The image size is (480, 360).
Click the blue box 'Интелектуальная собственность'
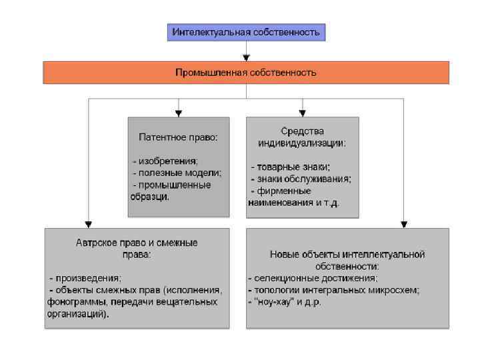tap(246, 32)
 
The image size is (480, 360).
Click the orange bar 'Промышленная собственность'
tap(246, 72)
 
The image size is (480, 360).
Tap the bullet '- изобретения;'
tap(165, 161)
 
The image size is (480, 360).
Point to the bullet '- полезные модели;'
tap(177, 173)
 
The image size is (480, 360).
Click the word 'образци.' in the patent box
tap(150, 197)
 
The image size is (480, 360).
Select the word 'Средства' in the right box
tap(302, 131)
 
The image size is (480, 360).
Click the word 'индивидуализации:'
tap(302, 143)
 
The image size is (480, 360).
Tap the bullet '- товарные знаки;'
tap(290, 167)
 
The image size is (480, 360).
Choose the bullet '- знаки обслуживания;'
tap(300, 179)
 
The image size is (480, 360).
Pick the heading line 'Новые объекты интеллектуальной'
tap(347, 254)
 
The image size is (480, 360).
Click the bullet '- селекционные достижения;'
tap(313, 278)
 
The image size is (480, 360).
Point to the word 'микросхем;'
tap(396, 290)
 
